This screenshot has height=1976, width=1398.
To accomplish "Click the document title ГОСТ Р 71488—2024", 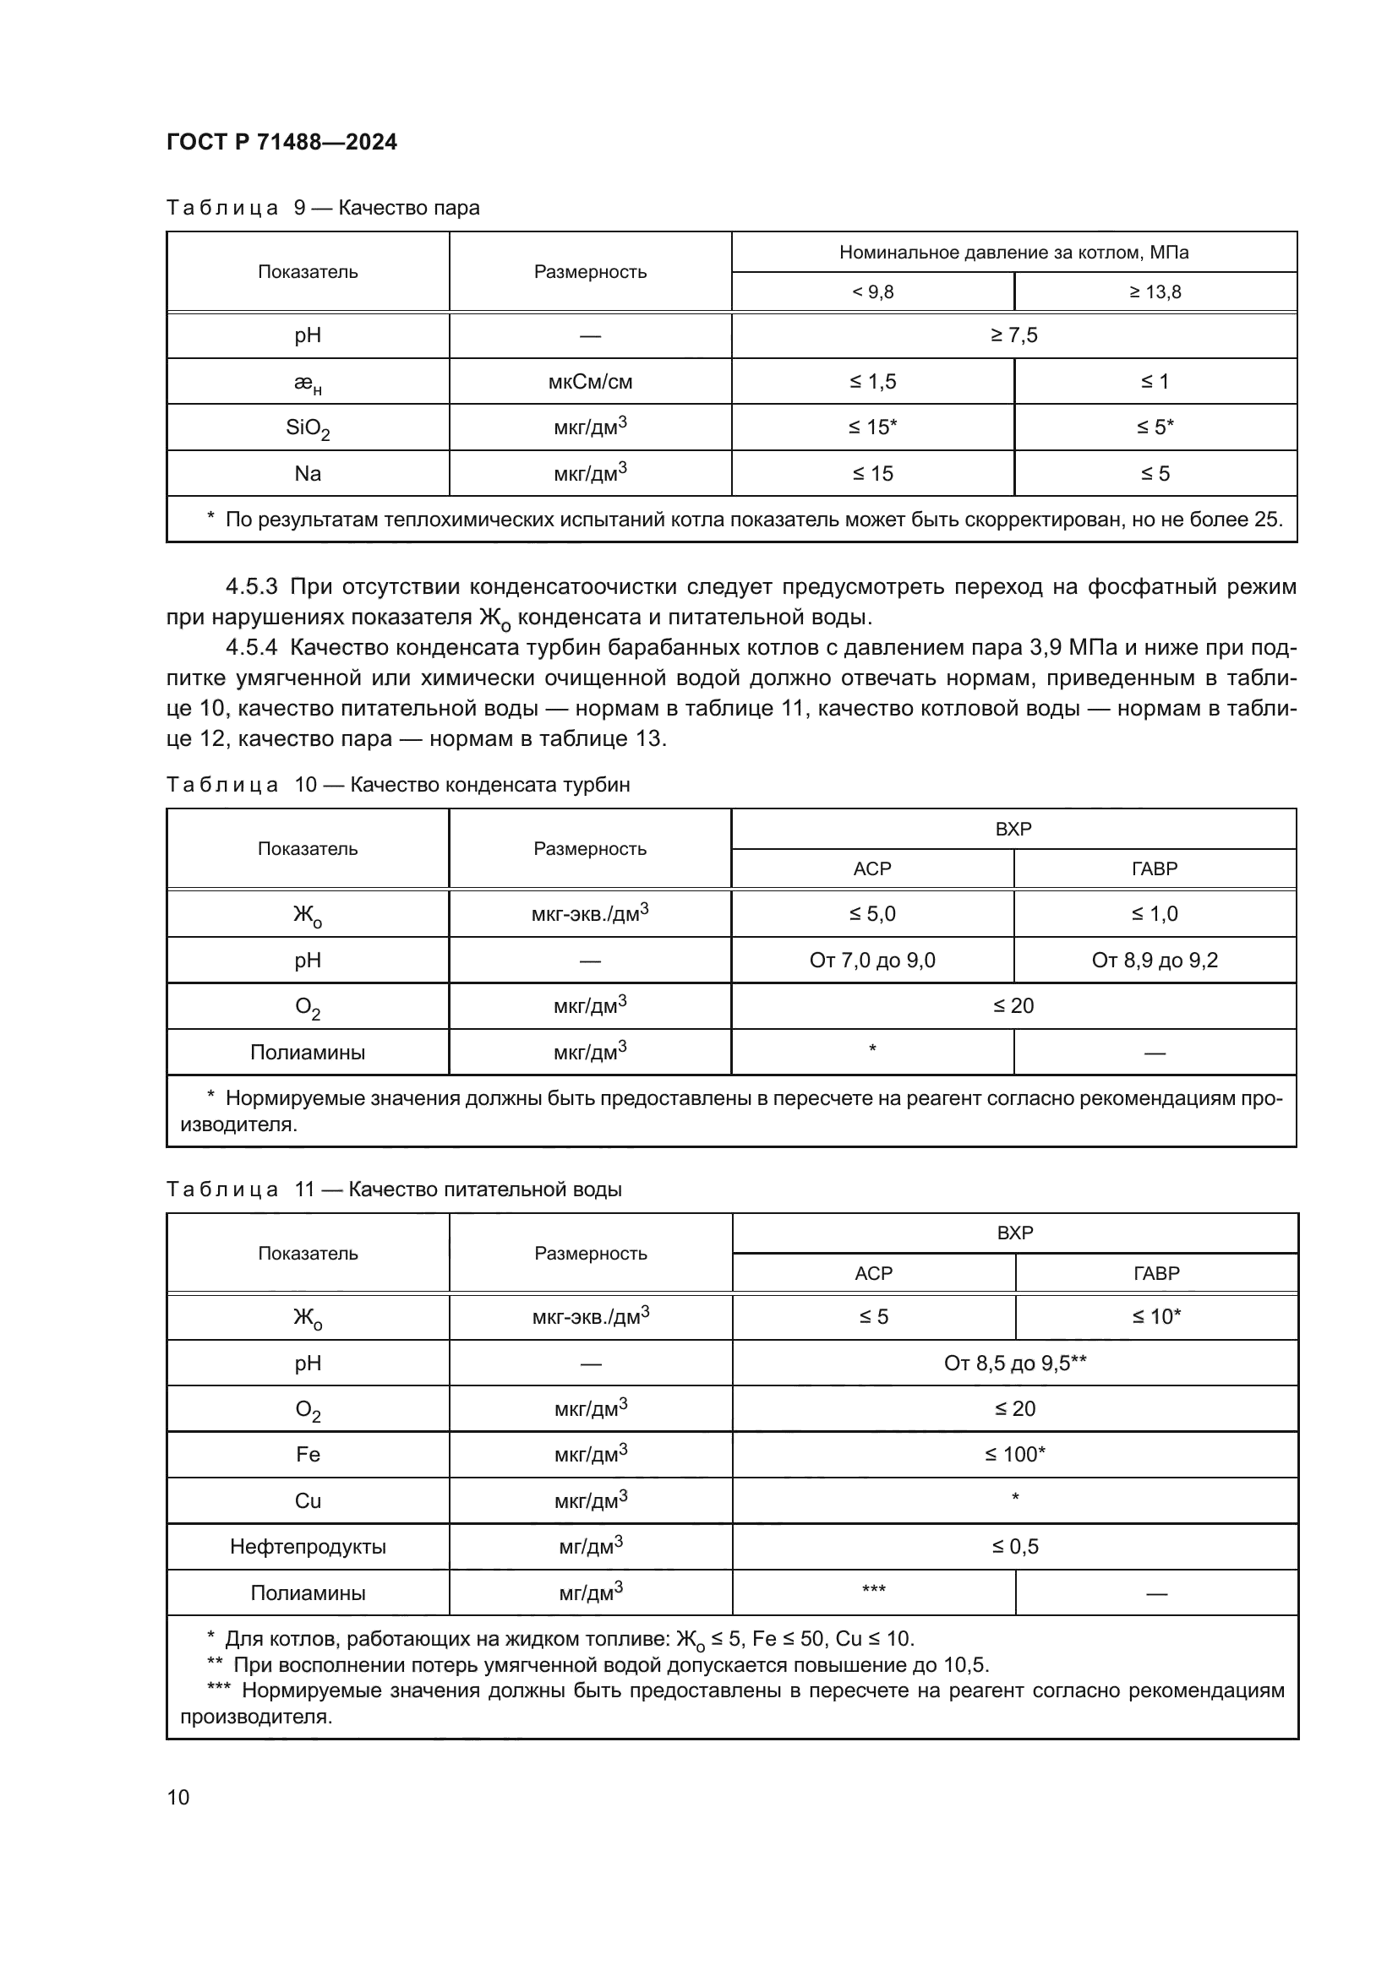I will coord(281,142).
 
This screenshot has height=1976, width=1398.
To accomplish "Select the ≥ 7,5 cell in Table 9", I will coord(1013,335).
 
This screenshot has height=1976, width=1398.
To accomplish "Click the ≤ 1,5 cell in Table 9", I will coord(872,381).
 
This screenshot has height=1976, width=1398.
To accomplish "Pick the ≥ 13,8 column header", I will coord(1155,291).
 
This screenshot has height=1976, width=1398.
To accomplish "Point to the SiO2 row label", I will coord(308,427).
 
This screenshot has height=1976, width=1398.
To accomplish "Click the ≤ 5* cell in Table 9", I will coord(1155,427).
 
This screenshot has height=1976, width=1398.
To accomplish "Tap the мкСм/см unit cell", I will coord(590,381).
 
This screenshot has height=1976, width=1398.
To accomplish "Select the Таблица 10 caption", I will coord(398,784).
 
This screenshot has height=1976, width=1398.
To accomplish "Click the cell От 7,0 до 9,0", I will coord(872,960).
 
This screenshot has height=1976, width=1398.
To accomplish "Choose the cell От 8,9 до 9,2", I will coord(1155,960).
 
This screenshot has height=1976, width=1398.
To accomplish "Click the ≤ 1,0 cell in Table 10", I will coord(1155,913).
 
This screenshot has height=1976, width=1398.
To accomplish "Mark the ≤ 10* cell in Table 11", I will coord(1156,1316).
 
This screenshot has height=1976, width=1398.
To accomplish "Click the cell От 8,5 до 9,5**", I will coord(1015,1363).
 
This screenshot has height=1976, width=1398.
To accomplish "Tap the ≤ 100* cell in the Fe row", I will coord(1015,1454).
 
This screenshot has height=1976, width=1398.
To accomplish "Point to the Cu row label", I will coord(308,1500).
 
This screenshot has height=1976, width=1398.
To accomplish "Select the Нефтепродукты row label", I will coord(308,1547).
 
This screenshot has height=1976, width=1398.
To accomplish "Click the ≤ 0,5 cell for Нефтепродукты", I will coord(1015,1547).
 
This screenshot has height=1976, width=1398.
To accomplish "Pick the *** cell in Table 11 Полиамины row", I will coord(873,1591).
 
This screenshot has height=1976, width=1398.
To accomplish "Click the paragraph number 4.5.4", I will coord(251,647).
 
